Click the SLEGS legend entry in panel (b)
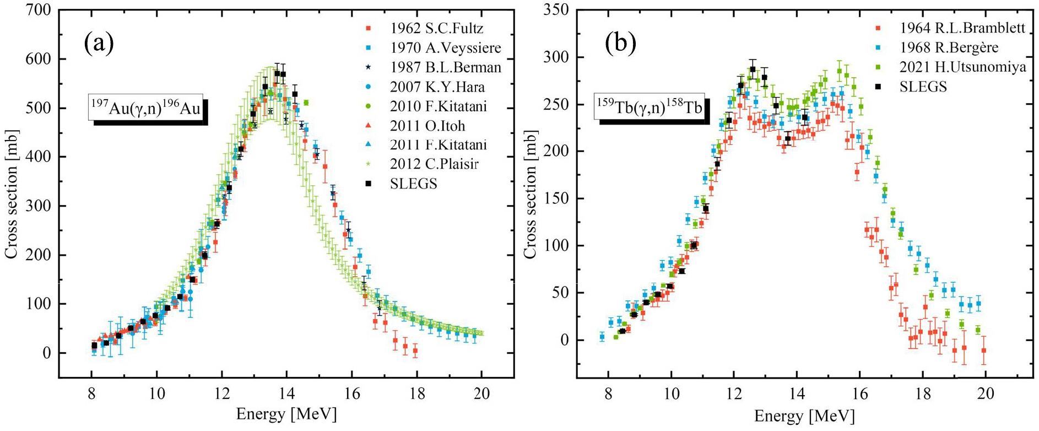pyautogui.click(x=923, y=87)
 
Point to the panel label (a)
pyautogui.click(x=99, y=43)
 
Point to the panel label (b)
pyautogui.click(x=620, y=43)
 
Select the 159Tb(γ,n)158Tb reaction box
pyautogui.click(x=648, y=107)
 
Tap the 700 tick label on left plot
pyautogui.click(x=41, y=10)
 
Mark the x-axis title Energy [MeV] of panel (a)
pyautogui.click(x=286, y=414)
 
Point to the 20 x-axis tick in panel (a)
pyautogui.click(x=481, y=395)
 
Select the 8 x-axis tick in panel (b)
pyautogui.click(x=608, y=395)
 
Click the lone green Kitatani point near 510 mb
pyautogui.click(x=306, y=103)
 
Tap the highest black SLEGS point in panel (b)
pyautogui.click(x=753, y=69)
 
